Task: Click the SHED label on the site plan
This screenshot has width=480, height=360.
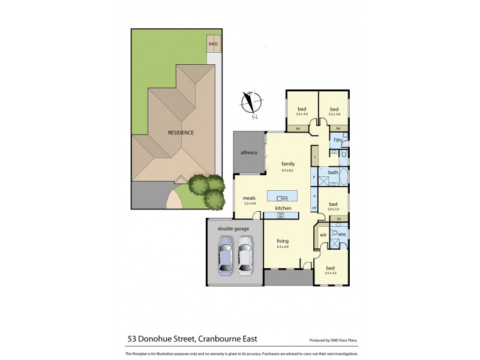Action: point(213,44)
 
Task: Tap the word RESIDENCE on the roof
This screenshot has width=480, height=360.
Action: point(181,133)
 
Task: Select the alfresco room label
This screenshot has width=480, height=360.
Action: point(248,154)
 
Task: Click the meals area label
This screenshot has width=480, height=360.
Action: point(248,198)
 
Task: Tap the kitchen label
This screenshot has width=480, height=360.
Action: point(283,208)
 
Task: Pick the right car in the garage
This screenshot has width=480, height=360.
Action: point(245,255)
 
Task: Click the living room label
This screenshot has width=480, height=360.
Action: point(283,241)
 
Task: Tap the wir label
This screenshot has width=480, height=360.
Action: point(322,235)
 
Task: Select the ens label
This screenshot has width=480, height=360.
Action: point(341,234)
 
